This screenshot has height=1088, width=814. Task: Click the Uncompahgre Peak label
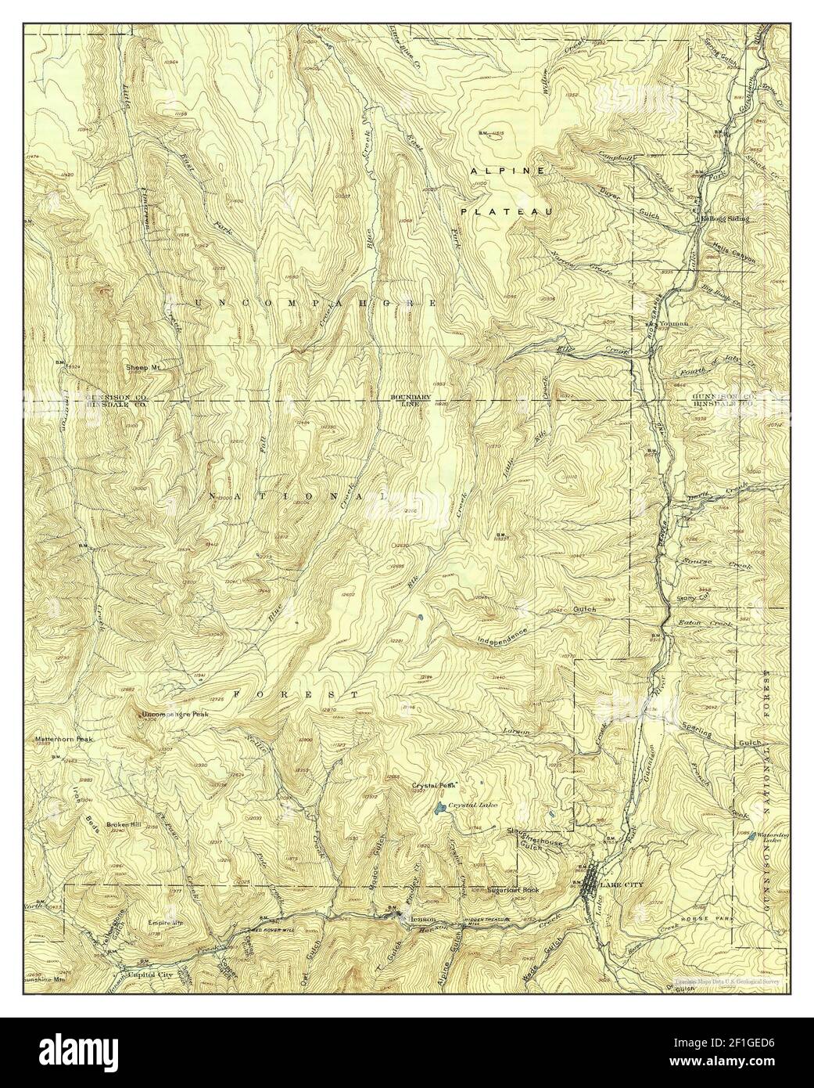(x=175, y=715)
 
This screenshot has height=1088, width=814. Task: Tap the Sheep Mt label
(x=143, y=366)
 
